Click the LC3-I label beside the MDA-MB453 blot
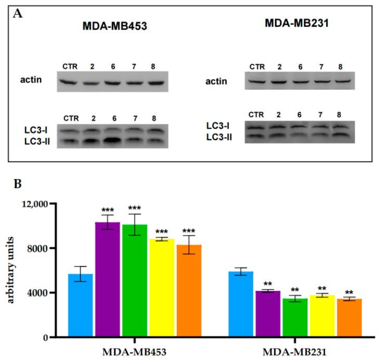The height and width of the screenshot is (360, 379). pyautogui.click(x=30, y=130)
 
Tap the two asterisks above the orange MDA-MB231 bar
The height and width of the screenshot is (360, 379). pyautogui.click(x=347, y=291)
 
